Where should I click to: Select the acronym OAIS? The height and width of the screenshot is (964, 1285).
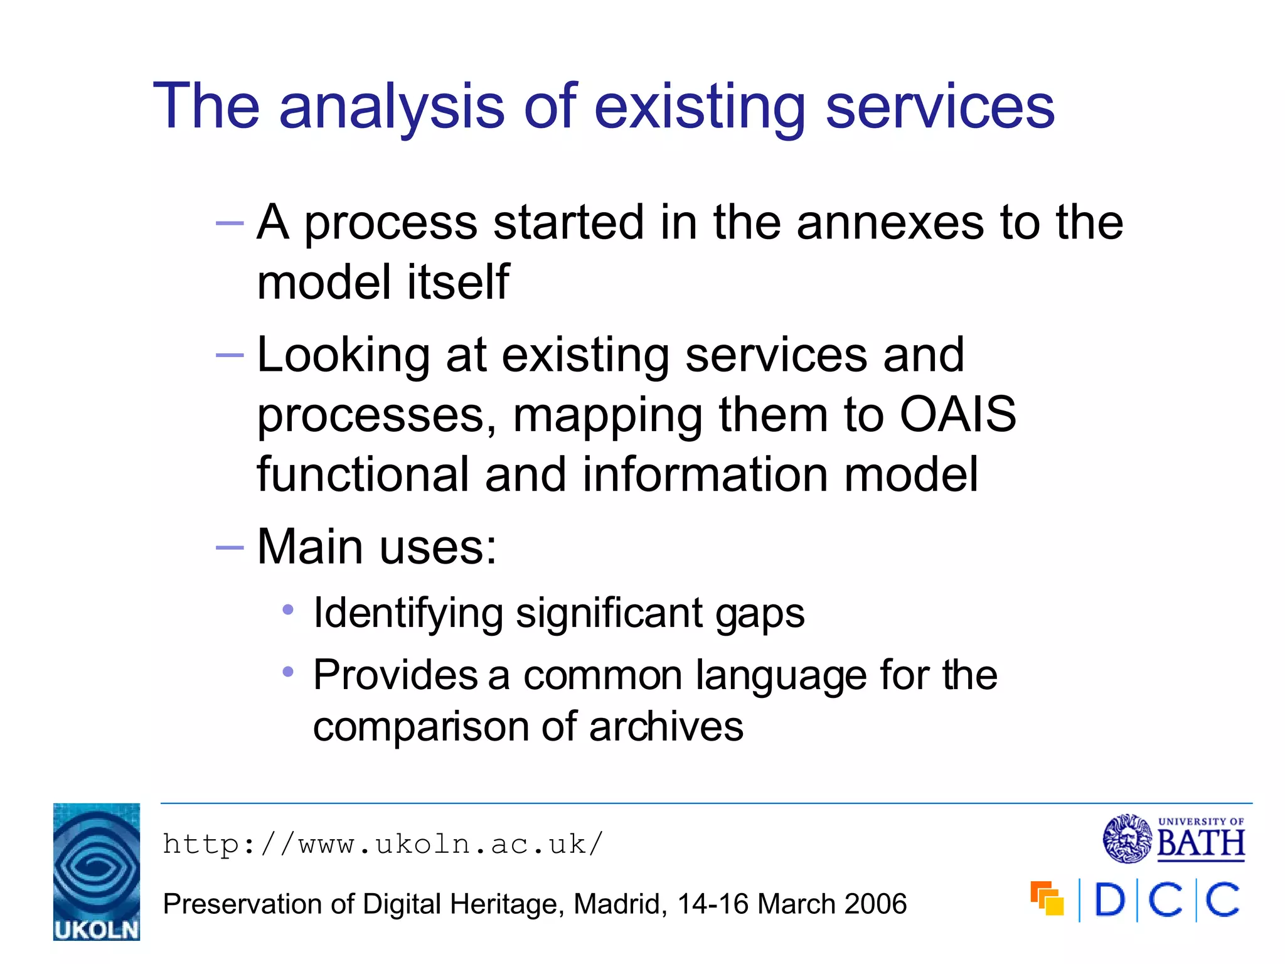point(957,415)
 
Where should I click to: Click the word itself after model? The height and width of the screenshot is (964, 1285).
point(458,282)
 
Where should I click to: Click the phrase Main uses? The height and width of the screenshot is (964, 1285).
point(376,547)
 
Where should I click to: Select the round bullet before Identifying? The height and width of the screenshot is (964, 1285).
point(288,609)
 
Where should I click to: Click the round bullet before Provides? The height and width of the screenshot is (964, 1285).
point(288,672)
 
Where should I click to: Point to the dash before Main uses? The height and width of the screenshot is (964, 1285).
point(229,548)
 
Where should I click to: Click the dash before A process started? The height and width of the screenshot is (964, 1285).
point(229,223)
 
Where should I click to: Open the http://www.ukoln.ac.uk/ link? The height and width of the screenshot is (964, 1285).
point(383,844)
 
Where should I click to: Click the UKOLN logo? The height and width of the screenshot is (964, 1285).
point(97,871)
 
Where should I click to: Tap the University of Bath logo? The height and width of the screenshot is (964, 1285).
point(1173,838)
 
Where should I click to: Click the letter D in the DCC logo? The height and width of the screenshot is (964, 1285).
point(1109,901)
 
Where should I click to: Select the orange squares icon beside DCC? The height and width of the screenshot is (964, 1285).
point(1047,899)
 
